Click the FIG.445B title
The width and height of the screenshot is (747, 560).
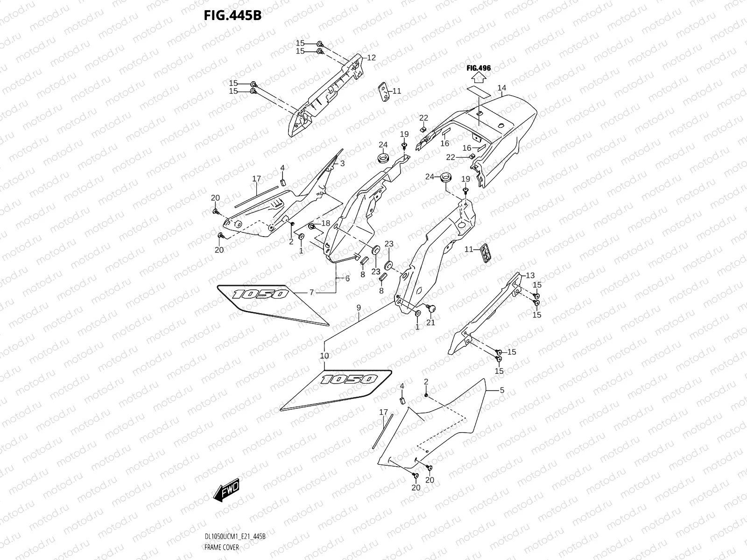(233, 16)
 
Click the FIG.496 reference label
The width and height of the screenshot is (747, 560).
(479, 68)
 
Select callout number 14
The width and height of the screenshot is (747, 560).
(501, 88)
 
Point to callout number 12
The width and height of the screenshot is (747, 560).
(371, 58)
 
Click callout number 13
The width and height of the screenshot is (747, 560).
(530, 275)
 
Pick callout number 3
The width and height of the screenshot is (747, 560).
(342, 163)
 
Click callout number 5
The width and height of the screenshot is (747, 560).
(502, 390)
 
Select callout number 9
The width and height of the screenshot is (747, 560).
(359, 308)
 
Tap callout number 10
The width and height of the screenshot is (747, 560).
(324, 356)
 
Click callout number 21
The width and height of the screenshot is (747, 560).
(430, 322)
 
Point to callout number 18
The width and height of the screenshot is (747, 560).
(325, 223)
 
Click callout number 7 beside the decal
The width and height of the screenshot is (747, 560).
(311, 293)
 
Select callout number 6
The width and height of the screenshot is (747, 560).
(347, 279)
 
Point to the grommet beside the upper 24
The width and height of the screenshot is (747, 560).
(384, 158)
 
